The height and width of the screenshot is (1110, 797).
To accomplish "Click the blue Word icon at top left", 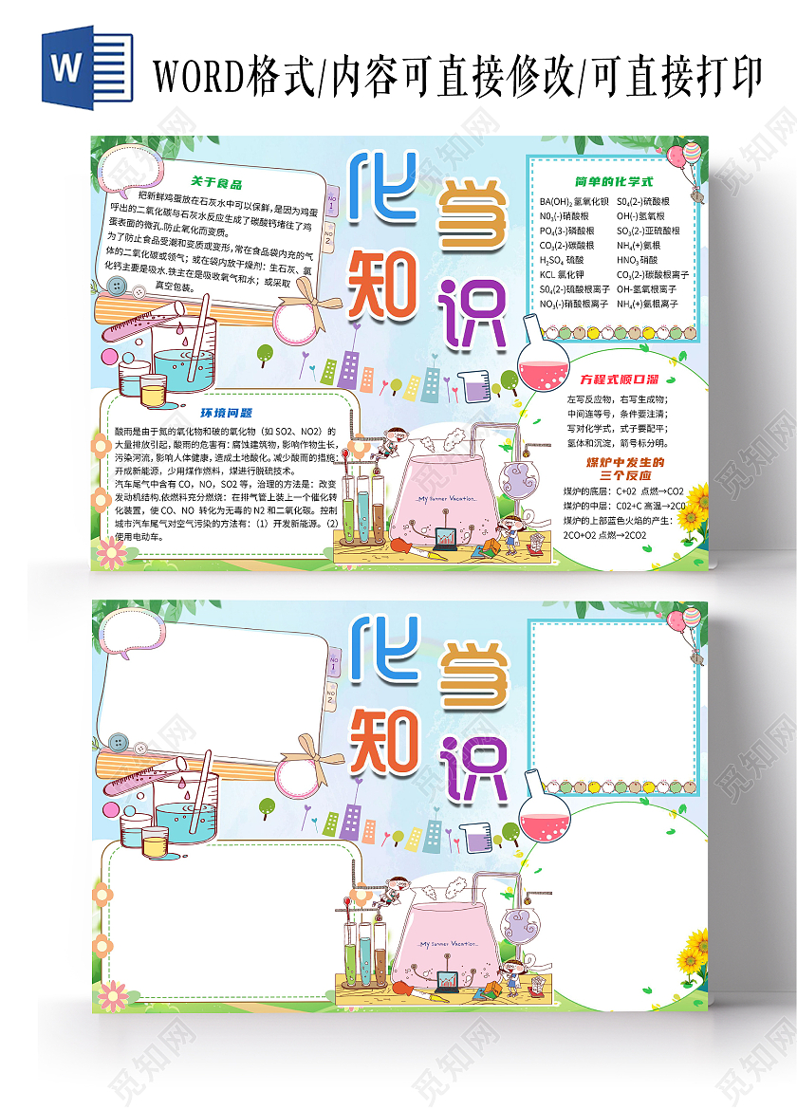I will [x=74, y=68].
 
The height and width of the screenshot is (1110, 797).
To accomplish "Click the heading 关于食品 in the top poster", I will [x=216, y=182].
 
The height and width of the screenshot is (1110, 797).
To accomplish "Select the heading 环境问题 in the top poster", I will [x=226, y=413].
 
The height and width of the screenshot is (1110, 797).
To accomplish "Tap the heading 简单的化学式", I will [x=614, y=180].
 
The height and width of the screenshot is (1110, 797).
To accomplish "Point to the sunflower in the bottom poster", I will [x=695, y=948].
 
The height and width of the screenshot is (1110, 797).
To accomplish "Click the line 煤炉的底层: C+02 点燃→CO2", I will [x=622, y=491].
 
